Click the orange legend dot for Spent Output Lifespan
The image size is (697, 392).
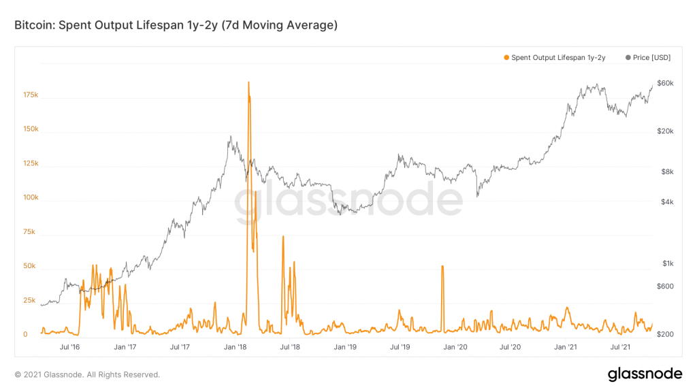tap(506, 58)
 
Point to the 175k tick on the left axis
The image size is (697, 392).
tap(30, 95)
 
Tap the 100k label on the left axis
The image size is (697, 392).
tap(30, 198)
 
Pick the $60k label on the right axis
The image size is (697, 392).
tap(665, 83)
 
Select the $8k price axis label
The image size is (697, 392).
tap(666, 171)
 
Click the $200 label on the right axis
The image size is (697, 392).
tap(665, 334)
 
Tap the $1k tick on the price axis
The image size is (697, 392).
tap(666, 263)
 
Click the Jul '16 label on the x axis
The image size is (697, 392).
tap(70, 347)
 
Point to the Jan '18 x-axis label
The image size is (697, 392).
tap(236, 347)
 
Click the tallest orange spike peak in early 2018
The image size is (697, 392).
tap(248, 82)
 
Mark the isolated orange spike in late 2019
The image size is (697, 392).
tap(442, 266)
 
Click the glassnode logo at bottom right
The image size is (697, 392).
tap(644, 374)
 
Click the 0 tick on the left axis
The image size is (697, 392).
tap(25, 334)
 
